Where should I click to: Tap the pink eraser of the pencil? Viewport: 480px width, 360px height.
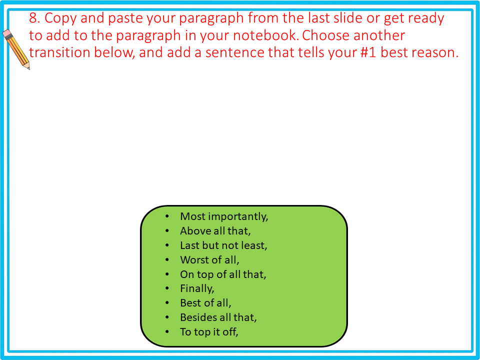pos(7,33)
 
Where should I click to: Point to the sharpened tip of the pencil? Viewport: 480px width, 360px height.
pos(28,68)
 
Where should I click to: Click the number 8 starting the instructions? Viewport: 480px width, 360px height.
pos(33,18)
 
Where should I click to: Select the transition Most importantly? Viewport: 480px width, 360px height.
pos(224,216)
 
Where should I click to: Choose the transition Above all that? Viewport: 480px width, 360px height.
pos(215,231)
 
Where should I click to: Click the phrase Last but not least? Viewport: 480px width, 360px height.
pos(223,245)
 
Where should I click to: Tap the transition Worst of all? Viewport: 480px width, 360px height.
pos(210,260)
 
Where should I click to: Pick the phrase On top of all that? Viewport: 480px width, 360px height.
pos(223,274)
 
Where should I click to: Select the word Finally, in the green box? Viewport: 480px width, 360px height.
pos(197,288)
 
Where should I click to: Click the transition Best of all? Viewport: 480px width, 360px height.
pos(205,303)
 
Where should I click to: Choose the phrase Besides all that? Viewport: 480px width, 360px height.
pos(218,317)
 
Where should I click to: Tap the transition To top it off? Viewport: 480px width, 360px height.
pos(209,332)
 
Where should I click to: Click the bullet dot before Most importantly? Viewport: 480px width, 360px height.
pos(167,217)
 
